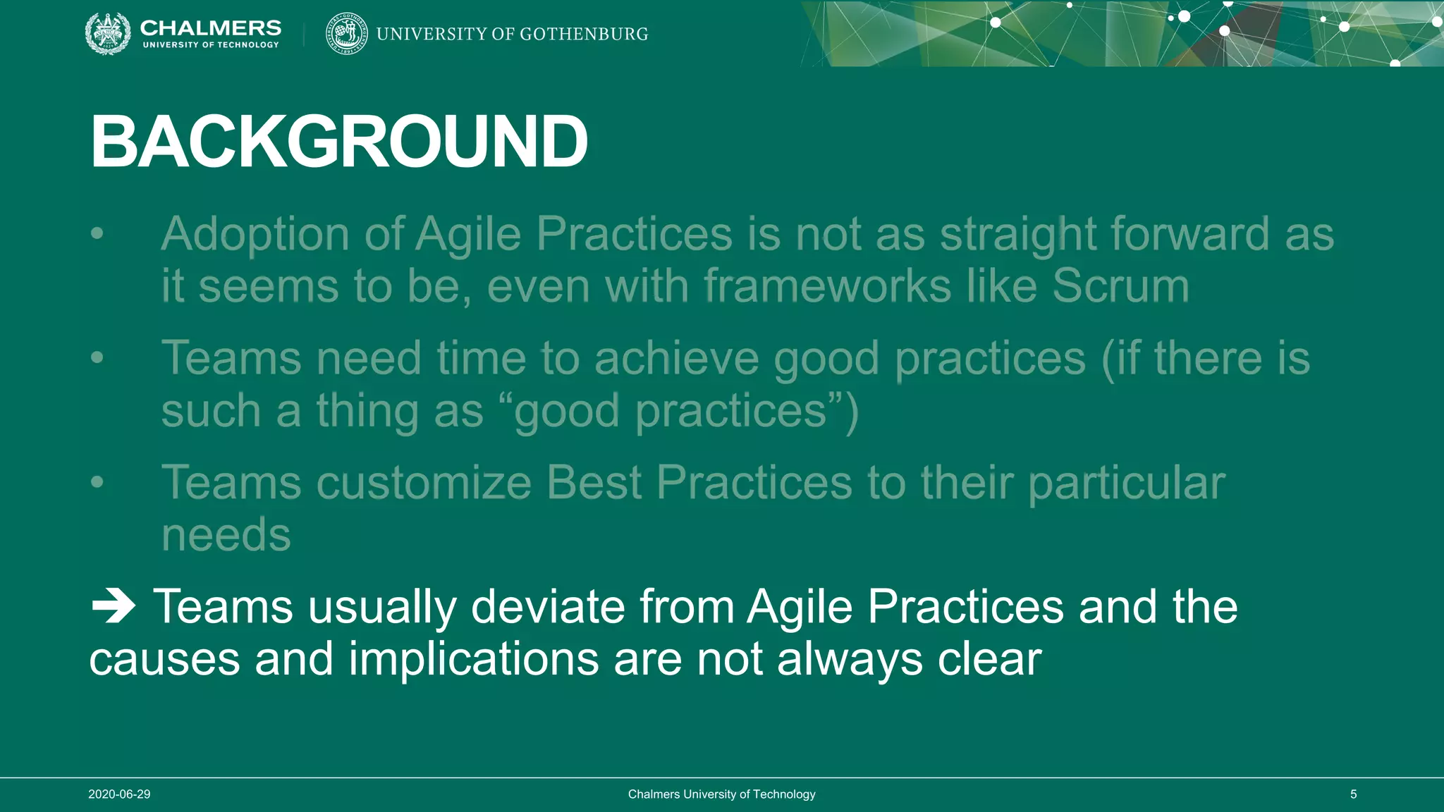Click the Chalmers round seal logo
click(x=108, y=33)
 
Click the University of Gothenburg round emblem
click(x=346, y=33)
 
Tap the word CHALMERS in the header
click(x=210, y=27)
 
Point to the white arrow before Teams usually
click(x=113, y=606)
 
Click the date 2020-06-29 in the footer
click(x=119, y=794)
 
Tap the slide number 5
click(x=1353, y=794)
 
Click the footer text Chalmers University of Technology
click(x=721, y=794)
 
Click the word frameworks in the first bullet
click(x=827, y=286)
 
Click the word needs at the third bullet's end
click(x=226, y=535)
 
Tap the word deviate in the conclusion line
click(x=547, y=606)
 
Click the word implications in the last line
click(x=473, y=659)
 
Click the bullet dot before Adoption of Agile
click(x=97, y=233)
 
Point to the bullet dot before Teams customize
click(x=97, y=483)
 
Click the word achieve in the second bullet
click(x=676, y=358)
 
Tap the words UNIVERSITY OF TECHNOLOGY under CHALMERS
click(x=211, y=45)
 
